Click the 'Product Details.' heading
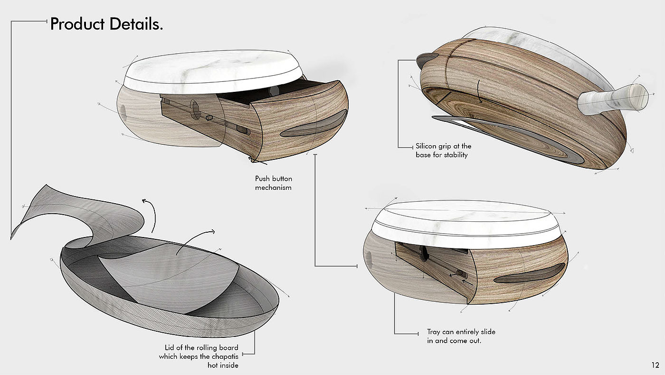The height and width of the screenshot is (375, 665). pos(106,24)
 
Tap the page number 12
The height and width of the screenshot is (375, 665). pos(655,365)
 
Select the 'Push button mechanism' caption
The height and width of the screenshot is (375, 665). pos(274,183)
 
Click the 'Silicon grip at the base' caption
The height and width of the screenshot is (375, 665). pos(443,150)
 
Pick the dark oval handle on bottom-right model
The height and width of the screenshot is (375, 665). pos(530,274)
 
